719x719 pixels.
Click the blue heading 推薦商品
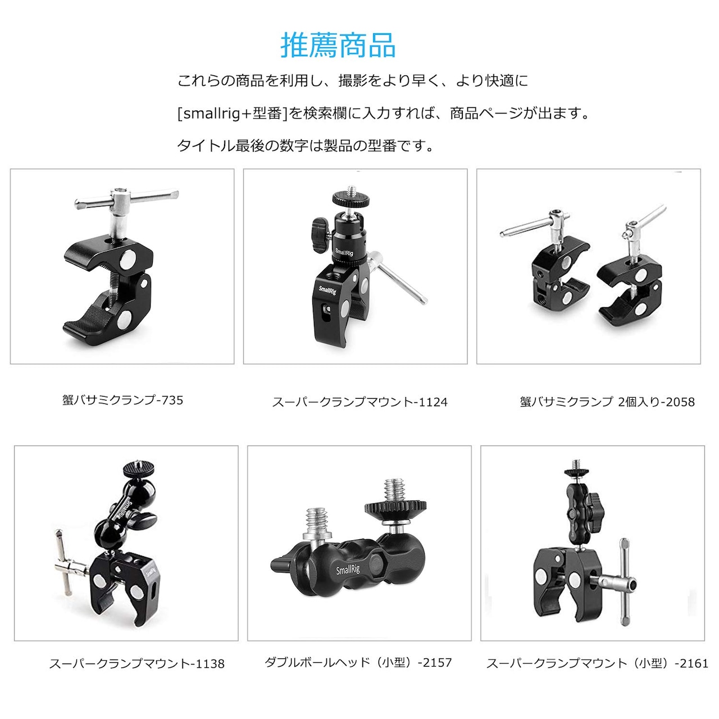point(338,45)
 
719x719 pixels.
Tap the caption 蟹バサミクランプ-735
point(123,401)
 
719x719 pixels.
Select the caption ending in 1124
point(359,402)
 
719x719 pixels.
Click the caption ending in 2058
point(607,402)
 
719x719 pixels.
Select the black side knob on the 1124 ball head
point(320,235)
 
